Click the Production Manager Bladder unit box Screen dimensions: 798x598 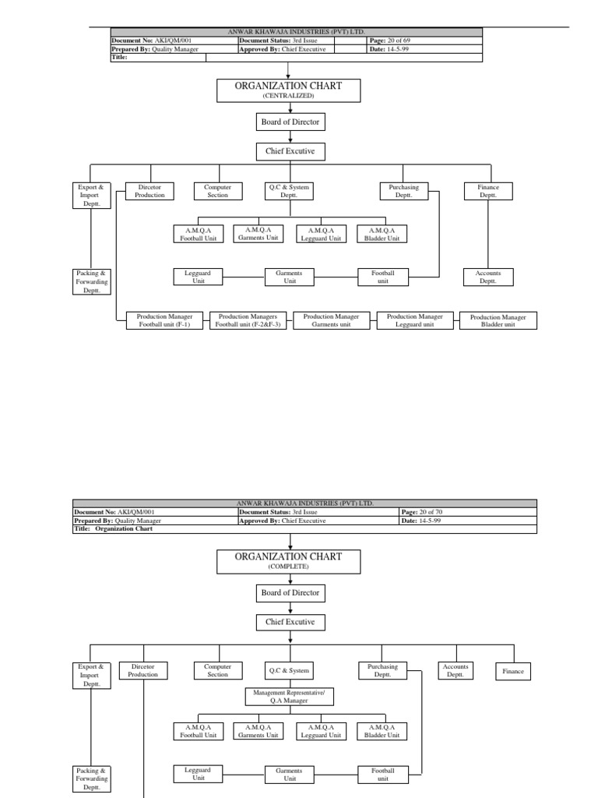tap(498, 320)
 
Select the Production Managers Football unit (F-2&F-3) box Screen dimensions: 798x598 tap(248, 320)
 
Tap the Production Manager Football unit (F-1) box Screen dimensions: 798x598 tap(164, 320)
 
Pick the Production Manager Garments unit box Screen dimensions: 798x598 tap(331, 320)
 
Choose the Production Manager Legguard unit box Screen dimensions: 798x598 tap(415, 320)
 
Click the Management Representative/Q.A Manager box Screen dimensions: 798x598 tap(290, 696)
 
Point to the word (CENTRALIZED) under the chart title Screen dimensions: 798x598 tap(288, 95)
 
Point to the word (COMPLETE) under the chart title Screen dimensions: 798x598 tap(288, 567)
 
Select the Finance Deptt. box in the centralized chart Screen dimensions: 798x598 tap(488, 191)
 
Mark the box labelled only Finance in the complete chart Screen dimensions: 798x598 tap(513, 671)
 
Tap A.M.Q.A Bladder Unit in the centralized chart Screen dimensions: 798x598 tap(382, 233)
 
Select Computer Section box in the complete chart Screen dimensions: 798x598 tap(217, 670)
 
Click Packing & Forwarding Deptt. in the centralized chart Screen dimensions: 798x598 tap(91, 281)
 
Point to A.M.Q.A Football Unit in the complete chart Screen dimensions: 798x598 tap(198, 731)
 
